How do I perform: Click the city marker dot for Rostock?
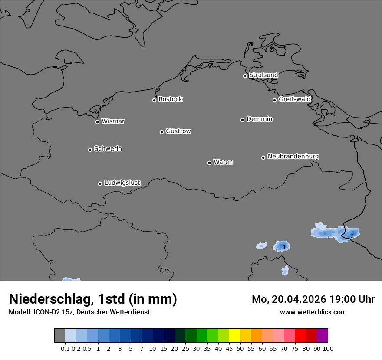click(x=154, y=100)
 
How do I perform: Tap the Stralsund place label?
click(x=263, y=75)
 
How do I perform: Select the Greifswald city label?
click(x=294, y=99)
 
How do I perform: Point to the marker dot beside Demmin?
click(x=242, y=120)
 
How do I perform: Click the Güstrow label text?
click(x=178, y=131)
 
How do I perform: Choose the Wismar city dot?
click(x=97, y=122)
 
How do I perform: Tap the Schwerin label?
click(x=108, y=149)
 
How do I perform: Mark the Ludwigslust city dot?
click(x=100, y=183)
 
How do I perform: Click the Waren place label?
click(x=223, y=162)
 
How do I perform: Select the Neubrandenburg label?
click(x=293, y=156)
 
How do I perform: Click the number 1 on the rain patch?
click(x=284, y=247)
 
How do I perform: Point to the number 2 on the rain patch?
click(x=352, y=236)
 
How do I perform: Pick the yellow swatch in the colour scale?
click(x=234, y=336)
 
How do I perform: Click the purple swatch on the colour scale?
click(x=323, y=336)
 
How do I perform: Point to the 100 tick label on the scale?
click(x=328, y=349)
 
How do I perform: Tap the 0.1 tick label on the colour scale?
click(x=65, y=349)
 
